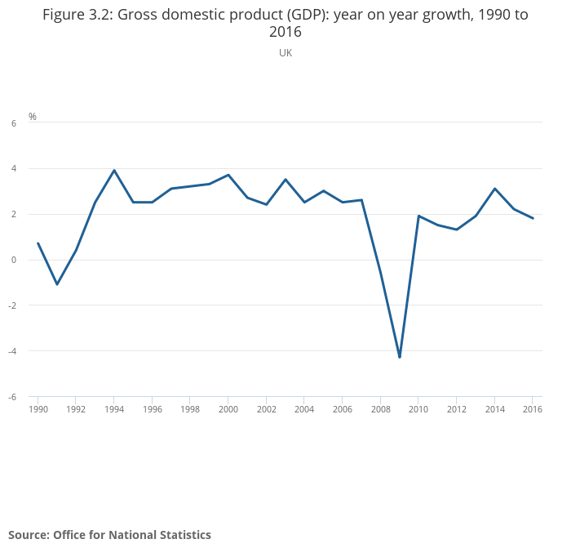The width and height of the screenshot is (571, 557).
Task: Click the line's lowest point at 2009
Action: click(x=400, y=357)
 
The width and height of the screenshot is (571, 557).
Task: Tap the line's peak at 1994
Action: click(x=114, y=170)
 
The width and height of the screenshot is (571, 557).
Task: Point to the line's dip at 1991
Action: click(x=57, y=284)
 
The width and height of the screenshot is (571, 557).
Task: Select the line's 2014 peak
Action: click(x=494, y=189)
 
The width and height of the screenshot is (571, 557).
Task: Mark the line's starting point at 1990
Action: click(x=38, y=243)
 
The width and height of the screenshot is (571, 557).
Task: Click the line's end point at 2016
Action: click(x=533, y=218)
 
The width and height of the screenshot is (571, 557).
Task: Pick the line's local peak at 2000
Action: click(x=228, y=175)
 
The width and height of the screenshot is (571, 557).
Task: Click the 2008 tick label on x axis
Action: click(x=380, y=409)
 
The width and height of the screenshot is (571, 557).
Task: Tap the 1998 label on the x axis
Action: click(x=190, y=409)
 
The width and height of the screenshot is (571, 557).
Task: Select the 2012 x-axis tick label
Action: click(x=456, y=409)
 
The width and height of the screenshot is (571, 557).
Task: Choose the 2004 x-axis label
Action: click(x=304, y=409)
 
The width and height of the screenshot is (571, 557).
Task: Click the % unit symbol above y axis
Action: click(x=33, y=117)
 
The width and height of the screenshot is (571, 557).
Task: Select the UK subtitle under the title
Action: click(x=285, y=53)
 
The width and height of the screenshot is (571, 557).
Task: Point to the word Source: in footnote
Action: click(x=29, y=535)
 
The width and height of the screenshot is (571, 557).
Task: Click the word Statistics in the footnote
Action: click(x=182, y=535)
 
